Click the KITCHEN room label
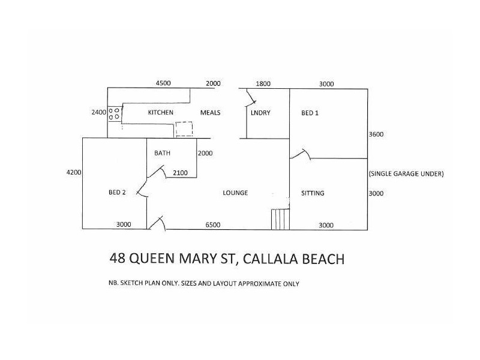(x=161, y=113)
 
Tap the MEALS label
(x=210, y=113)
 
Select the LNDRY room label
(x=260, y=113)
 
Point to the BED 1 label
(x=310, y=113)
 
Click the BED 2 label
(x=117, y=193)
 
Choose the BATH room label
(x=162, y=153)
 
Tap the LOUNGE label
(x=235, y=193)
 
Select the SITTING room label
(x=313, y=193)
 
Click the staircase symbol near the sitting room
(x=280, y=219)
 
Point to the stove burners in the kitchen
(x=114, y=113)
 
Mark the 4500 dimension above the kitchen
(x=164, y=84)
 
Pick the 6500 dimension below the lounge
(x=213, y=225)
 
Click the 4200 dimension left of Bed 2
(x=74, y=172)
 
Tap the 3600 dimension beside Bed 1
(x=376, y=134)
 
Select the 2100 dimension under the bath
(x=181, y=173)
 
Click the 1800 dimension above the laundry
(x=263, y=84)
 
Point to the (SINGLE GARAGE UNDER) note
(x=406, y=174)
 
